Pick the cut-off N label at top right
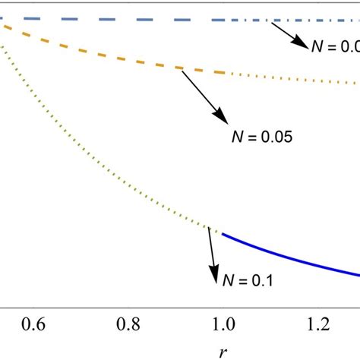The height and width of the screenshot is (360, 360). click(x=335, y=46)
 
